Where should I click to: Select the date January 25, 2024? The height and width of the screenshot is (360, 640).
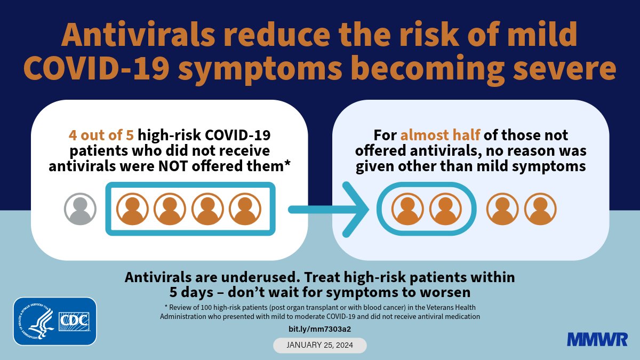[x=320, y=345]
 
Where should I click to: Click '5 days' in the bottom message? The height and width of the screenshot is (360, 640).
[x=191, y=293]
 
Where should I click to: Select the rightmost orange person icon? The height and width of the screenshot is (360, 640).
[x=540, y=209]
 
